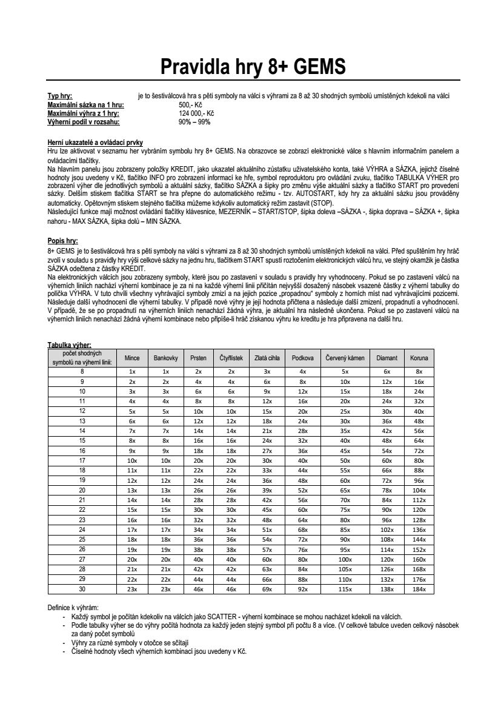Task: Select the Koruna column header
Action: pyautogui.click(x=419, y=358)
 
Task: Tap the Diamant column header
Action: pyautogui.click(x=387, y=358)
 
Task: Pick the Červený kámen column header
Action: pyautogui.click(x=345, y=358)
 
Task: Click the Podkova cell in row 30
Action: pyautogui.click(x=303, y=588)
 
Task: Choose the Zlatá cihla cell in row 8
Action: pyautogui.click(x=267, y=371)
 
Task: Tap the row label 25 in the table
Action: pyautogui.click(x=82, y=538)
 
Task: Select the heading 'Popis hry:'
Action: pyautogui.click(x=62, y=240)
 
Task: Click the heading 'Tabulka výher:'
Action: pyautogui.click(x=69, y=344)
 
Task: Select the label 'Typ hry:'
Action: pyautogui.click(x=60, y=96)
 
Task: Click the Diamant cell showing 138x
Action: pyautogui.click(x=387, y=588)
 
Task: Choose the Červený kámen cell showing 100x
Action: pyautogui.click(x=345, y=559)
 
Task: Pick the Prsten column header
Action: pyautogui.click(x=198, y=358)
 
